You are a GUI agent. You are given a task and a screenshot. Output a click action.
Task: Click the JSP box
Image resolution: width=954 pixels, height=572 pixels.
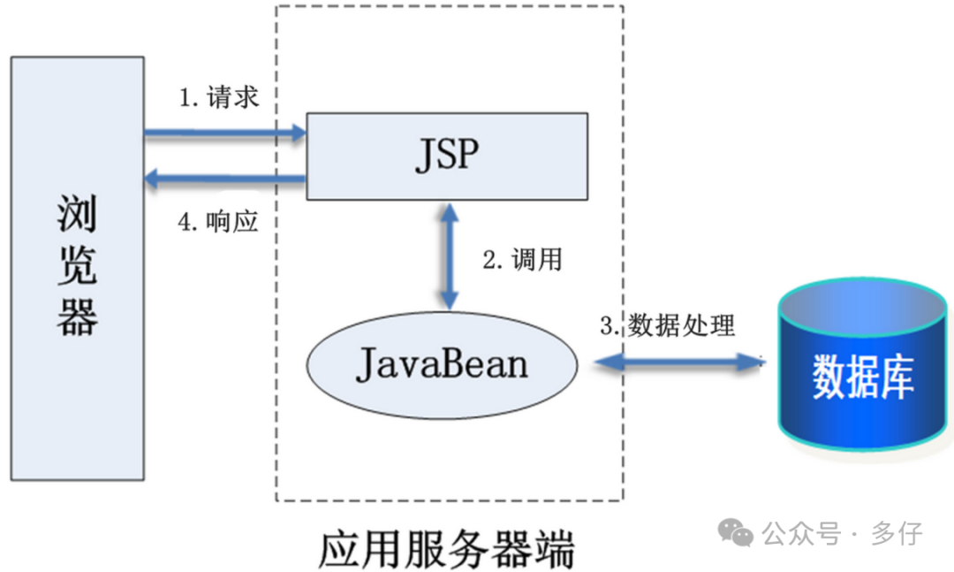tap(447, 156)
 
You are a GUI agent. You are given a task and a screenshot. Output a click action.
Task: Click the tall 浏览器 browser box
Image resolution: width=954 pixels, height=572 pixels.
tap(78, 268)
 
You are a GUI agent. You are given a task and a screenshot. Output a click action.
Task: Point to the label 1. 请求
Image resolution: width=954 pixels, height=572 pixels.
tap(219, 97)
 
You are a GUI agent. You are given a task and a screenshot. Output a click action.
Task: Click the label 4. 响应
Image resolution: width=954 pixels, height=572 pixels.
tap(218, 222)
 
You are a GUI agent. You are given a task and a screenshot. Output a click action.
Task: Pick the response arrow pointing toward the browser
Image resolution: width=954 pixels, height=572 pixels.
tap(225, 179)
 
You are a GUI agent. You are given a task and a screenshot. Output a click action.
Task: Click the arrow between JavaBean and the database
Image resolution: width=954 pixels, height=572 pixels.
tap(678, 361)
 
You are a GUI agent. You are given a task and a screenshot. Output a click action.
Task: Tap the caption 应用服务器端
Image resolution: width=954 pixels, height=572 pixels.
tap(446, 549)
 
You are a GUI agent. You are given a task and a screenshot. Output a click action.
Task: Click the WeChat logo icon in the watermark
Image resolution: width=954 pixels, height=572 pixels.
tap(735, 532)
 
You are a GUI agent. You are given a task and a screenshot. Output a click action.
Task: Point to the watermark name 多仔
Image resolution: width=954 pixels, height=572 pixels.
tap(897, 533)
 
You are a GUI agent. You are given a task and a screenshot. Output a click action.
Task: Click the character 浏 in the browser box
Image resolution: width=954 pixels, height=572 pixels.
tap(78, 215)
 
